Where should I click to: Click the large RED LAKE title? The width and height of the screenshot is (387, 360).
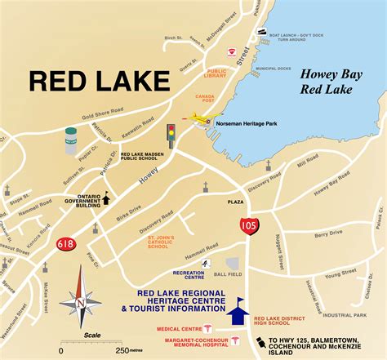(100, 80)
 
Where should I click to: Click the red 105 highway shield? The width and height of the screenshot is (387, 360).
(248, 223)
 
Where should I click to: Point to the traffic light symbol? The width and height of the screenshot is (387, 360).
(171, 133)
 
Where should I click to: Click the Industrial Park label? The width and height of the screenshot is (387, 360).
(349, 314)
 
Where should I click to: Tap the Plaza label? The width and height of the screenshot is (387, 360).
(235, 201)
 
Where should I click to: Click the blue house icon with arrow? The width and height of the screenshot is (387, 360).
(238, 309)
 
